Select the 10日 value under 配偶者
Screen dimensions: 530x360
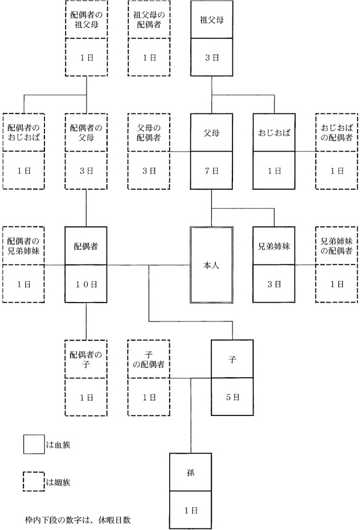pos(86,284)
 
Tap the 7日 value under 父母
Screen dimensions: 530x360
pos(211,170)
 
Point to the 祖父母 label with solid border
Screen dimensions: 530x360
pos(211,20)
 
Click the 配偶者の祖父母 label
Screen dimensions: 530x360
pos(86,20)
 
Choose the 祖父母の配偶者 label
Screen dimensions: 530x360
pos(149,20)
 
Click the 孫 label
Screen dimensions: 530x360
pos(190,473)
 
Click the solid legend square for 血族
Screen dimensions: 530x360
pos(34,443)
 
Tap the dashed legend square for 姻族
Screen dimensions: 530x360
pos(34,481)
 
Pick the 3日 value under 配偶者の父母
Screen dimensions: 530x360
pos(86,170)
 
